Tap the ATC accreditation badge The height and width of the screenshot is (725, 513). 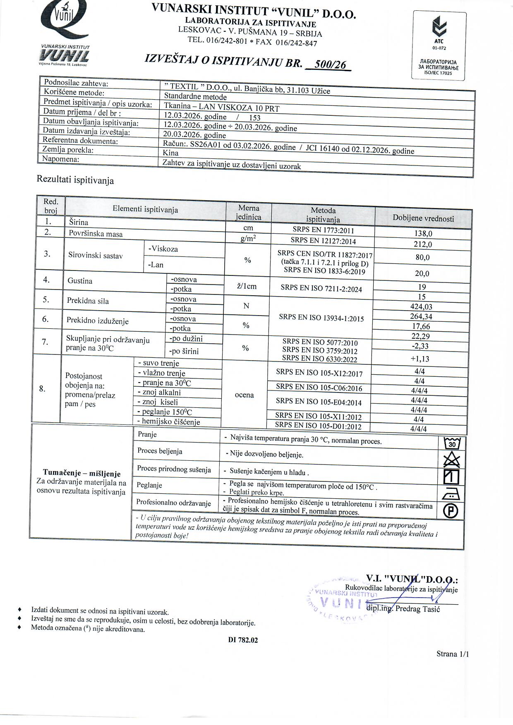(x=439, y=45)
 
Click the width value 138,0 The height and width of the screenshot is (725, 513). (x=423, y=233)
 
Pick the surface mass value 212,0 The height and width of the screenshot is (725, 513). (x=423, y=244)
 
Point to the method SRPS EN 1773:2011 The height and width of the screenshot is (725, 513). (x=323, y=230)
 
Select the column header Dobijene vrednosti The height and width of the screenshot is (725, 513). (x=423, y=218)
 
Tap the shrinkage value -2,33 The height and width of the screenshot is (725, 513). (x=420, y=346)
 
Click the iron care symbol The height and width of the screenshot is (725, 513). (x=451, y=494)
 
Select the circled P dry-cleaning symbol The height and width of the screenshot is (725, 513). (x=451, y=511)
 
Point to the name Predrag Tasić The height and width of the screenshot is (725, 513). (x=417, y=608)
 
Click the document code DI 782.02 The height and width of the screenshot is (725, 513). (x=243, y=640)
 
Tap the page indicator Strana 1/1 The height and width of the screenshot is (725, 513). (x=453, y=654)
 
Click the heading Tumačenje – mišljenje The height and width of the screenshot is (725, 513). (x=82, y=474)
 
